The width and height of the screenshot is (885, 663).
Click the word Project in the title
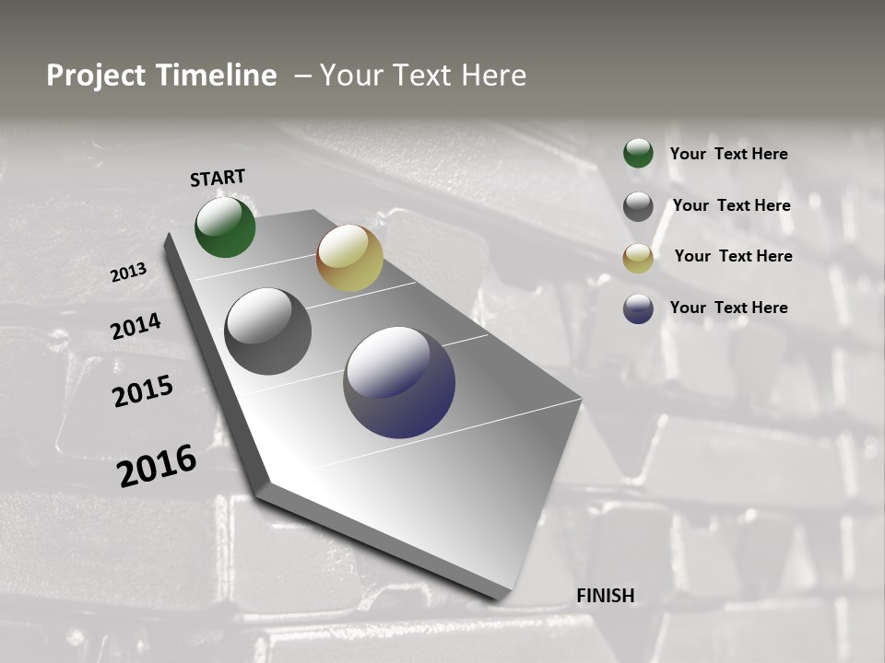[x=96, y=76]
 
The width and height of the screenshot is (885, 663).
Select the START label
[x=218, y=178]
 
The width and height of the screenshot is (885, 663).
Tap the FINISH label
[x=606, y=596]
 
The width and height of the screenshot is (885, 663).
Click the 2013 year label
[x=128, y=273]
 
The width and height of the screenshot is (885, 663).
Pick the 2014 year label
[x=136, y=326]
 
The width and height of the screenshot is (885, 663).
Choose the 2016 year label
[x=157, y=465]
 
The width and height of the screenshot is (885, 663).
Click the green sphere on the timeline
[x=225, y=227]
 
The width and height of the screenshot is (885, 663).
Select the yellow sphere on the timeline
[x=349, y=258]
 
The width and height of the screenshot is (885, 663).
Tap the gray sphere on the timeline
[x=268, y=331]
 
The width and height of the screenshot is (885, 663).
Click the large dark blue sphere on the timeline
[x=399, y=382]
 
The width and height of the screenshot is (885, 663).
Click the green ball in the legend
[x=638, y=153]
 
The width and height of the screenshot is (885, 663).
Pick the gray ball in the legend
[x=638, y=206]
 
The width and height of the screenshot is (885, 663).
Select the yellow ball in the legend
[x=638, y=258]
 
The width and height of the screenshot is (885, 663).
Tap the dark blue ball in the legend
[x=638, y=308]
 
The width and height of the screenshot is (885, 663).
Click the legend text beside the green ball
[x=728, y=154]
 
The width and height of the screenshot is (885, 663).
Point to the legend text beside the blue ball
[x=728, y=308]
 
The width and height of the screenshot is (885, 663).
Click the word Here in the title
[x=494, y=76]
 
